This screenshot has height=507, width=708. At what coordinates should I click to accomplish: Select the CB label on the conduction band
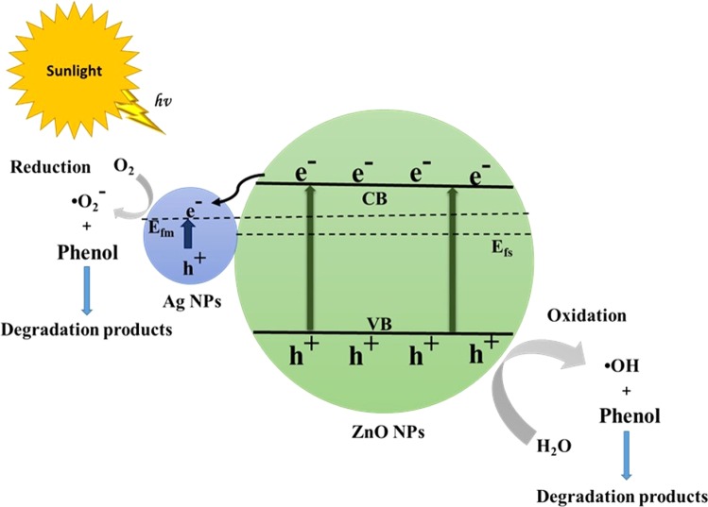[382, 200]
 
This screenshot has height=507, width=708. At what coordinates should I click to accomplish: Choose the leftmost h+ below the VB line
[297, 355]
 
